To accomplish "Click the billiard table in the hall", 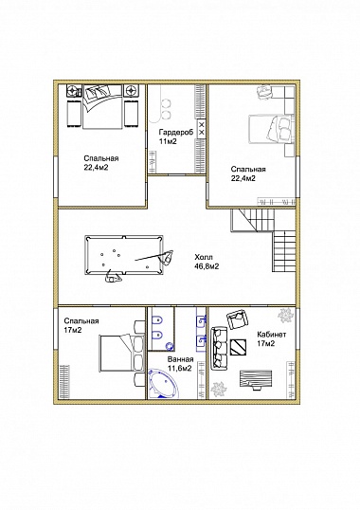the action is tap(124, 255).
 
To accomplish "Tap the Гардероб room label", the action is tap(176, 132).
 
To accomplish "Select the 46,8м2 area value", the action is tap(207, 266).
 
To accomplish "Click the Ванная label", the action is tap(180, 359).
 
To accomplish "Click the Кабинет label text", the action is tap(272, 335).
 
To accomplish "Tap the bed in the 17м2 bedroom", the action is tap(122, 354).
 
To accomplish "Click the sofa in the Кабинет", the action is tap(219, 349).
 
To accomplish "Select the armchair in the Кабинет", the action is tap(237, 319).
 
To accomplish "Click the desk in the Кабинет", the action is tap(256, 378).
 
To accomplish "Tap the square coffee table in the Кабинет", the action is tap(238, 347).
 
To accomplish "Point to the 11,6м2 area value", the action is tap(179, 369).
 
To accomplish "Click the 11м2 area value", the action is tap(168, 141).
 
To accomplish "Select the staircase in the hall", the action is tap(263, 241).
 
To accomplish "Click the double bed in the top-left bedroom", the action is tap(103, 107).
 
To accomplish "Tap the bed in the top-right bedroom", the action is tap(272, 129).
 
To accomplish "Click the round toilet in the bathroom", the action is tap(169, 347).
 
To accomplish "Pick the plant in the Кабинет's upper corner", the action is tap(285, 315).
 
